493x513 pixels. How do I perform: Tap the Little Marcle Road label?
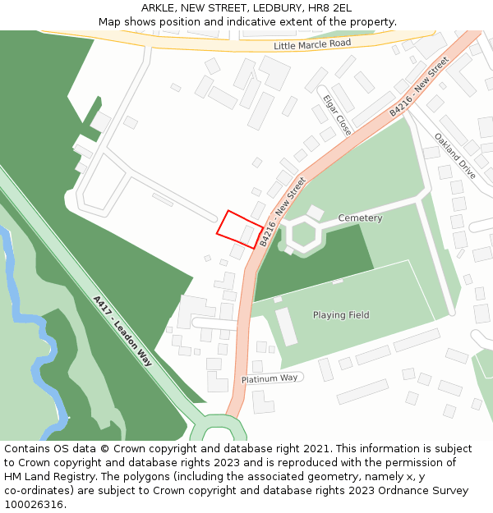(x=312, y=44)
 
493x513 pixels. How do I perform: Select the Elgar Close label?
(x=337, y=115)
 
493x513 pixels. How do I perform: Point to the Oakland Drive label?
(x=454, y=156)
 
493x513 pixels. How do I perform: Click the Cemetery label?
(x=360, y=218)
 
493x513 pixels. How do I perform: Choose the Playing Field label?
(x=341, y=315)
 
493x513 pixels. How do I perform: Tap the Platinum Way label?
(x=270, y=378)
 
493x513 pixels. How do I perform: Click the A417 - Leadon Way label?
(x=122, y=331)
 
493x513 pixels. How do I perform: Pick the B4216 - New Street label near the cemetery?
(x=283, y=211)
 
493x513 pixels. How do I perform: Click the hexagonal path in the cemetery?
(x=303, y=234)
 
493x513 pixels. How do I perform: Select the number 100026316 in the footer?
(x=35, y=504)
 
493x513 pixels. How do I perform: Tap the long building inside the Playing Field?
(x=286, y=327)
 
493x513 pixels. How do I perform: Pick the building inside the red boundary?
(x=247, y=235)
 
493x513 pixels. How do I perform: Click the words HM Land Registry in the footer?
(x=47, y=476)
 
